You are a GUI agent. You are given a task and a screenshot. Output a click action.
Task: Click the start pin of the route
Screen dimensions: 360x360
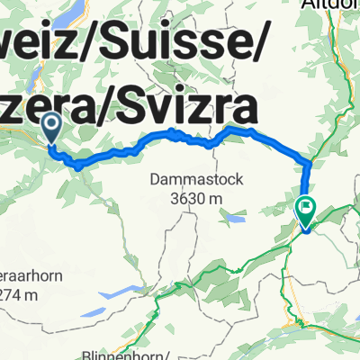click(x=51, y=129)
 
